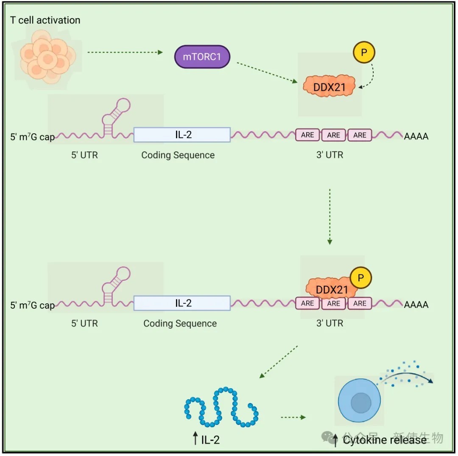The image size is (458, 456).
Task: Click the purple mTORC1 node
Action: click(202, 56)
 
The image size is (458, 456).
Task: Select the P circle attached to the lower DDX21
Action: click(361, 278)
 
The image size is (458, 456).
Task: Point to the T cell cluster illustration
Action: click(47, 59)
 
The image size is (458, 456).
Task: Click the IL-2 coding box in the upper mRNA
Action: click(182, 134)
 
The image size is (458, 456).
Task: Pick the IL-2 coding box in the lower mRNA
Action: click(182, 303)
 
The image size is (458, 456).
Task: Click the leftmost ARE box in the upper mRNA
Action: click(307, 135)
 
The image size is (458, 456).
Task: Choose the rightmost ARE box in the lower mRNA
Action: click(360, 303)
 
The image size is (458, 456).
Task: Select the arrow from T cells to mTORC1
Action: click(125, 53)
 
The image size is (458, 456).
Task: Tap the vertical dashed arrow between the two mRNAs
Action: click(330, 216)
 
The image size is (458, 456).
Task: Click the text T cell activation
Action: click(45, 20)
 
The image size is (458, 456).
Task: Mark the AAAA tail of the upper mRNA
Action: click(416, 136)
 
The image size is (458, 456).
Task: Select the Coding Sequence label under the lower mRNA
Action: click(180, 324)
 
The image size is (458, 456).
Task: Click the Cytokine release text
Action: click(385, 440)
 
